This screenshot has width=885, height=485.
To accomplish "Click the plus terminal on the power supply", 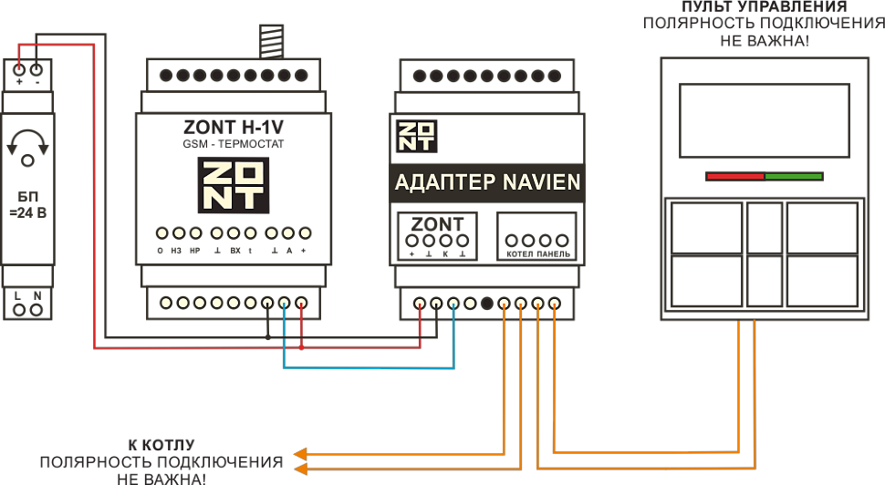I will (x=20, y=69).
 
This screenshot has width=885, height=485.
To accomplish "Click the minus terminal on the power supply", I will (x=36, y=69).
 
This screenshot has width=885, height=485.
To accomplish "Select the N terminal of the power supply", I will (x=36, y=310).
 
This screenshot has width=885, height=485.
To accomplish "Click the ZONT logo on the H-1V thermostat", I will (x=233, y=185).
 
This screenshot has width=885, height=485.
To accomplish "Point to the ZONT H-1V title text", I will (x=233, y=129).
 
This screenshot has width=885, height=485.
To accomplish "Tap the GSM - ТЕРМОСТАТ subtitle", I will (x=233, y=145).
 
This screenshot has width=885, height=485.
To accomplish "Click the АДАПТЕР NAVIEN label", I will (x=487, y=182).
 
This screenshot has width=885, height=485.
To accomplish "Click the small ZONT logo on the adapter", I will (x=416, y=135).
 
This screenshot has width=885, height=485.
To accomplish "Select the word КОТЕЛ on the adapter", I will (x=519, y=254).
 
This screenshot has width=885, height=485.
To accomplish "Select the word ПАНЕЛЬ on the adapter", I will (x=553, y=254).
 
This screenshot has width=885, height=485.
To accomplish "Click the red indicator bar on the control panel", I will (x=734, y=176).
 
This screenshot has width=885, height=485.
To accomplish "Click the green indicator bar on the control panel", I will (x=794, y=176).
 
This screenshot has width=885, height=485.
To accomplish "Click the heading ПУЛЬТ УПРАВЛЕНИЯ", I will (x=765, y=7).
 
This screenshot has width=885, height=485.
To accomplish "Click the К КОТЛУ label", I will (x=161, y=445).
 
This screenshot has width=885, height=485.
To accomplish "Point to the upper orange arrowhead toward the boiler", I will (x=300, y=453).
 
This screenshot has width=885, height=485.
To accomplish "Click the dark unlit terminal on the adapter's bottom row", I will (x=487, y=304).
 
